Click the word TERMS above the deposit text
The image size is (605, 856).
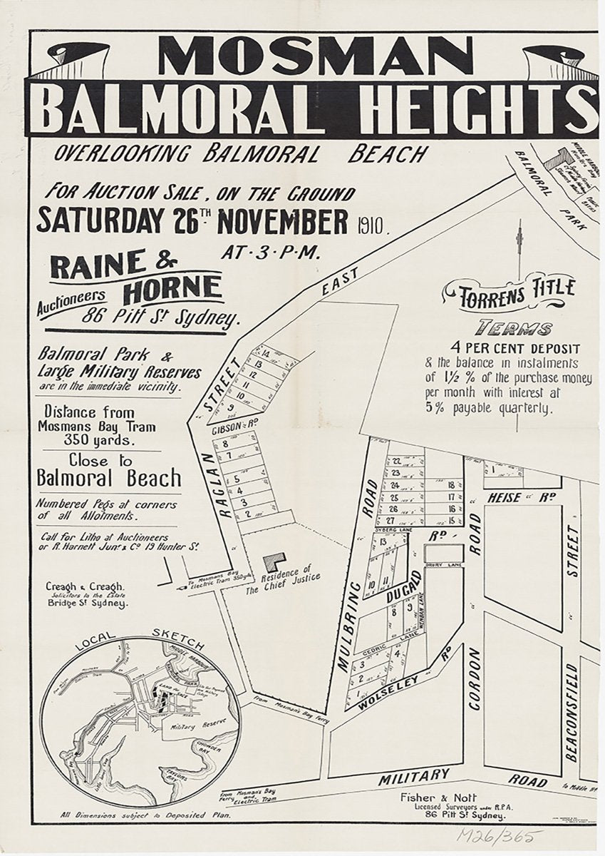pyautogui.click(x=514, y=329)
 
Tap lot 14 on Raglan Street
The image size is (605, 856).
pyautogui.click(x=265, y=353)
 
